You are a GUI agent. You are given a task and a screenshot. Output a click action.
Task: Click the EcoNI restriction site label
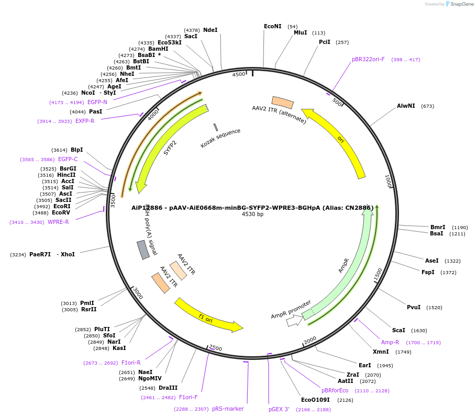[x=272, y=26]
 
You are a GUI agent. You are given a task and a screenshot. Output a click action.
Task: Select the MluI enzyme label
[x=300, y=32]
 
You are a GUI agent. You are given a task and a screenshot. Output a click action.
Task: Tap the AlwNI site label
[x=406, y=106]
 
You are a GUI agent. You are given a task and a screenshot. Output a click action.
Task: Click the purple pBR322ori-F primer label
[x=368, y=59]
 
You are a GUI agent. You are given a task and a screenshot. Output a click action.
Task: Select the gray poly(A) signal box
[x=142, y=250]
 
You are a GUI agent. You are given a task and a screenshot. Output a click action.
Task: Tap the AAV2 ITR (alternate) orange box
[x=282, y=102]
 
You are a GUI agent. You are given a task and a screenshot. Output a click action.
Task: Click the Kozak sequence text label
[x=220, y=138]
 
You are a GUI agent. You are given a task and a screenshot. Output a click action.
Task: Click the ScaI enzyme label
[x=398, y=330]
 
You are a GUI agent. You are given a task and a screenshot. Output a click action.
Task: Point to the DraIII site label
[x=168, y=388]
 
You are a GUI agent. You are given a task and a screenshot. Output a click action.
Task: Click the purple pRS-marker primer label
[x=228, y=409]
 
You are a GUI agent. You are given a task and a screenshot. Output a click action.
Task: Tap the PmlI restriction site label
[x=87, y=303]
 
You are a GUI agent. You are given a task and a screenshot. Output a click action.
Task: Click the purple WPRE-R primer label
[x=58, y=222]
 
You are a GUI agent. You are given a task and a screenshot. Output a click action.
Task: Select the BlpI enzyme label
[x=76, y=150]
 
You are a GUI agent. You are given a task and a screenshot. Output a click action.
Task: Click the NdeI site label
[x=210, y=30]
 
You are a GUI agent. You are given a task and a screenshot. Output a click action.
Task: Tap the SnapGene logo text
[x=460, y=4]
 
